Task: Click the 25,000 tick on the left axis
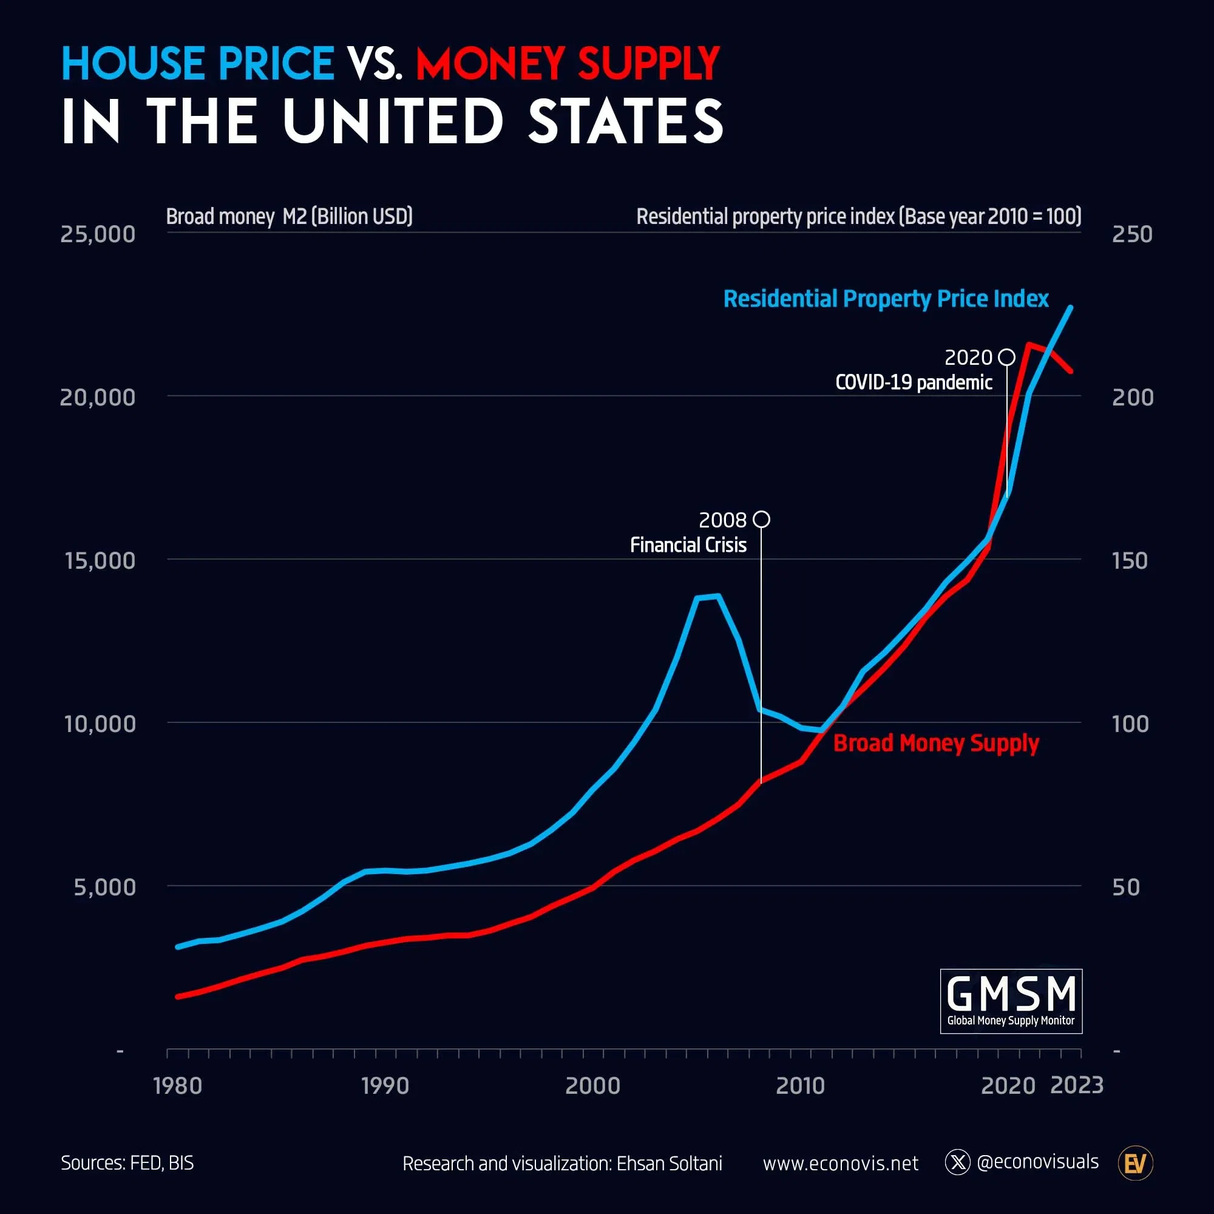click(x=97, y=234)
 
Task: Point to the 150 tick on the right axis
click(x=1129, y=560)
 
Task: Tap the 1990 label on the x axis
click(x=385, y=1086)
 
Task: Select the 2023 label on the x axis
click(x=1076, y=1085)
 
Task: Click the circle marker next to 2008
click(x=761, y=520)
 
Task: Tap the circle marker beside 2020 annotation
click(x=1006, y=357)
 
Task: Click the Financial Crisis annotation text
click(x=688, y=545)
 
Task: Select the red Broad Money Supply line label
click(x=935, y=744)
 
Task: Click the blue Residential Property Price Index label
click(x=886, y=299)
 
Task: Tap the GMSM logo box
click(x=1011, y=1001)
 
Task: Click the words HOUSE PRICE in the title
click(x=197, y=64)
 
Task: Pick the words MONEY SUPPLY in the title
click(x=568, y=64)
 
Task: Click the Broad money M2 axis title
click(x=289, y=216)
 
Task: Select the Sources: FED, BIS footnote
click(x=127, y=1163)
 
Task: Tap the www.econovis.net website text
click(x=840, y=1164)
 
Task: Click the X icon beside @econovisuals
click(x=957, y=1162)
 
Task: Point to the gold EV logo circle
click(x=1135, y=1164)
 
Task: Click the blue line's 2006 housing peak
click(x=717, y=595)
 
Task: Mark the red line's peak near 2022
click(x=1029, y=344)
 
